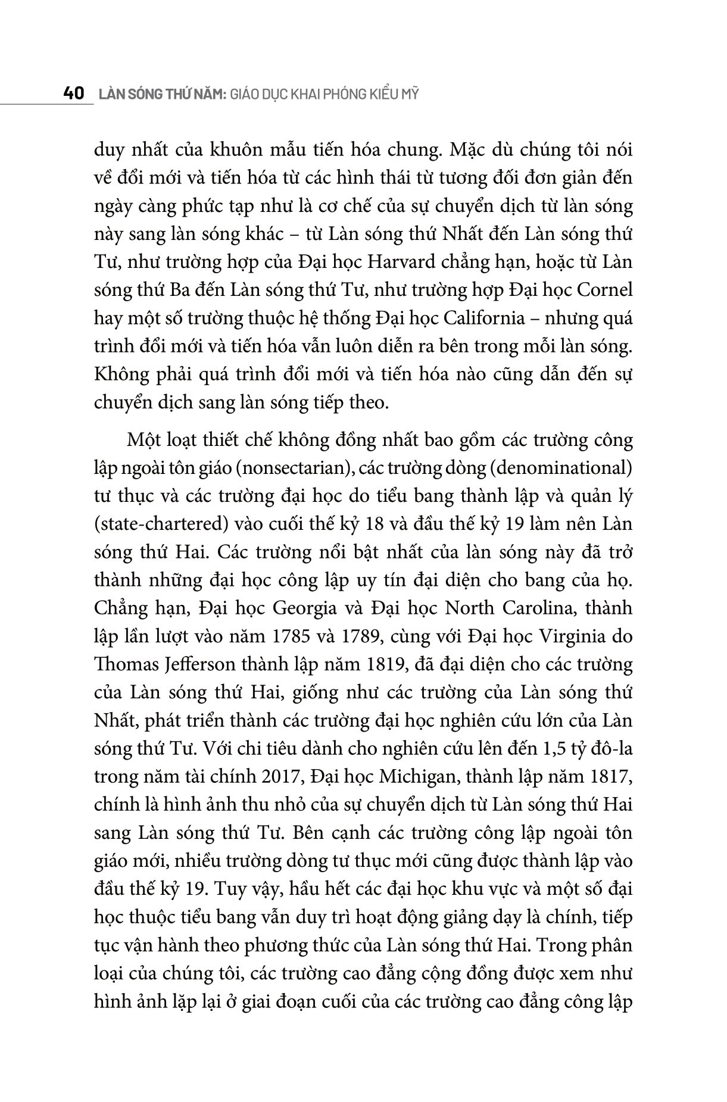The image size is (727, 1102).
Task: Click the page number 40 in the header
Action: click(x=74, y=94)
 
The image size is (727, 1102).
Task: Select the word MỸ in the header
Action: click(x=410, y=94)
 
